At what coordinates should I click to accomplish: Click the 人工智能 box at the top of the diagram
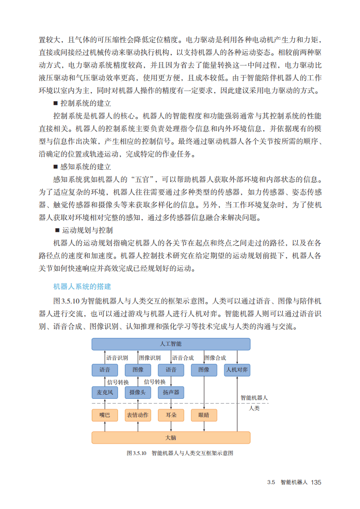pyautogui.click(x=171, y=344)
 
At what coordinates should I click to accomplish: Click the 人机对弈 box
pyautogui.click(x=237, y=370)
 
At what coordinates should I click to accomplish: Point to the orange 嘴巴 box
pyautogui.click(x=104, y=415)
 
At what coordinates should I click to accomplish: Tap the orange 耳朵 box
pyautogui.click(x=171, y=415)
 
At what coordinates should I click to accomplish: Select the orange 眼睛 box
pyautogui.click(x=204, y=415)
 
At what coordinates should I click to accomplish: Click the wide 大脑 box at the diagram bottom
pyautogui.click(x=171, y=437)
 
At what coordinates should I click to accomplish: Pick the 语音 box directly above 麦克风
pyautogui.click(x=104, y=370)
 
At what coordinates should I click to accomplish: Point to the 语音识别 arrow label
pyautogui.click(x=117, y=357)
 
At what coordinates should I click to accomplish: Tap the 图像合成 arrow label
pyautogui.click(x=215, y=357)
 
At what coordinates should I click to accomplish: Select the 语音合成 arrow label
pyautogui.click(x=183, y=357)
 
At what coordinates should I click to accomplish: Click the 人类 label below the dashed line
pyautogui.click(x=255, y=408)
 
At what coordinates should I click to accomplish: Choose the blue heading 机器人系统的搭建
pyautogui.click(x=82, y=287)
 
